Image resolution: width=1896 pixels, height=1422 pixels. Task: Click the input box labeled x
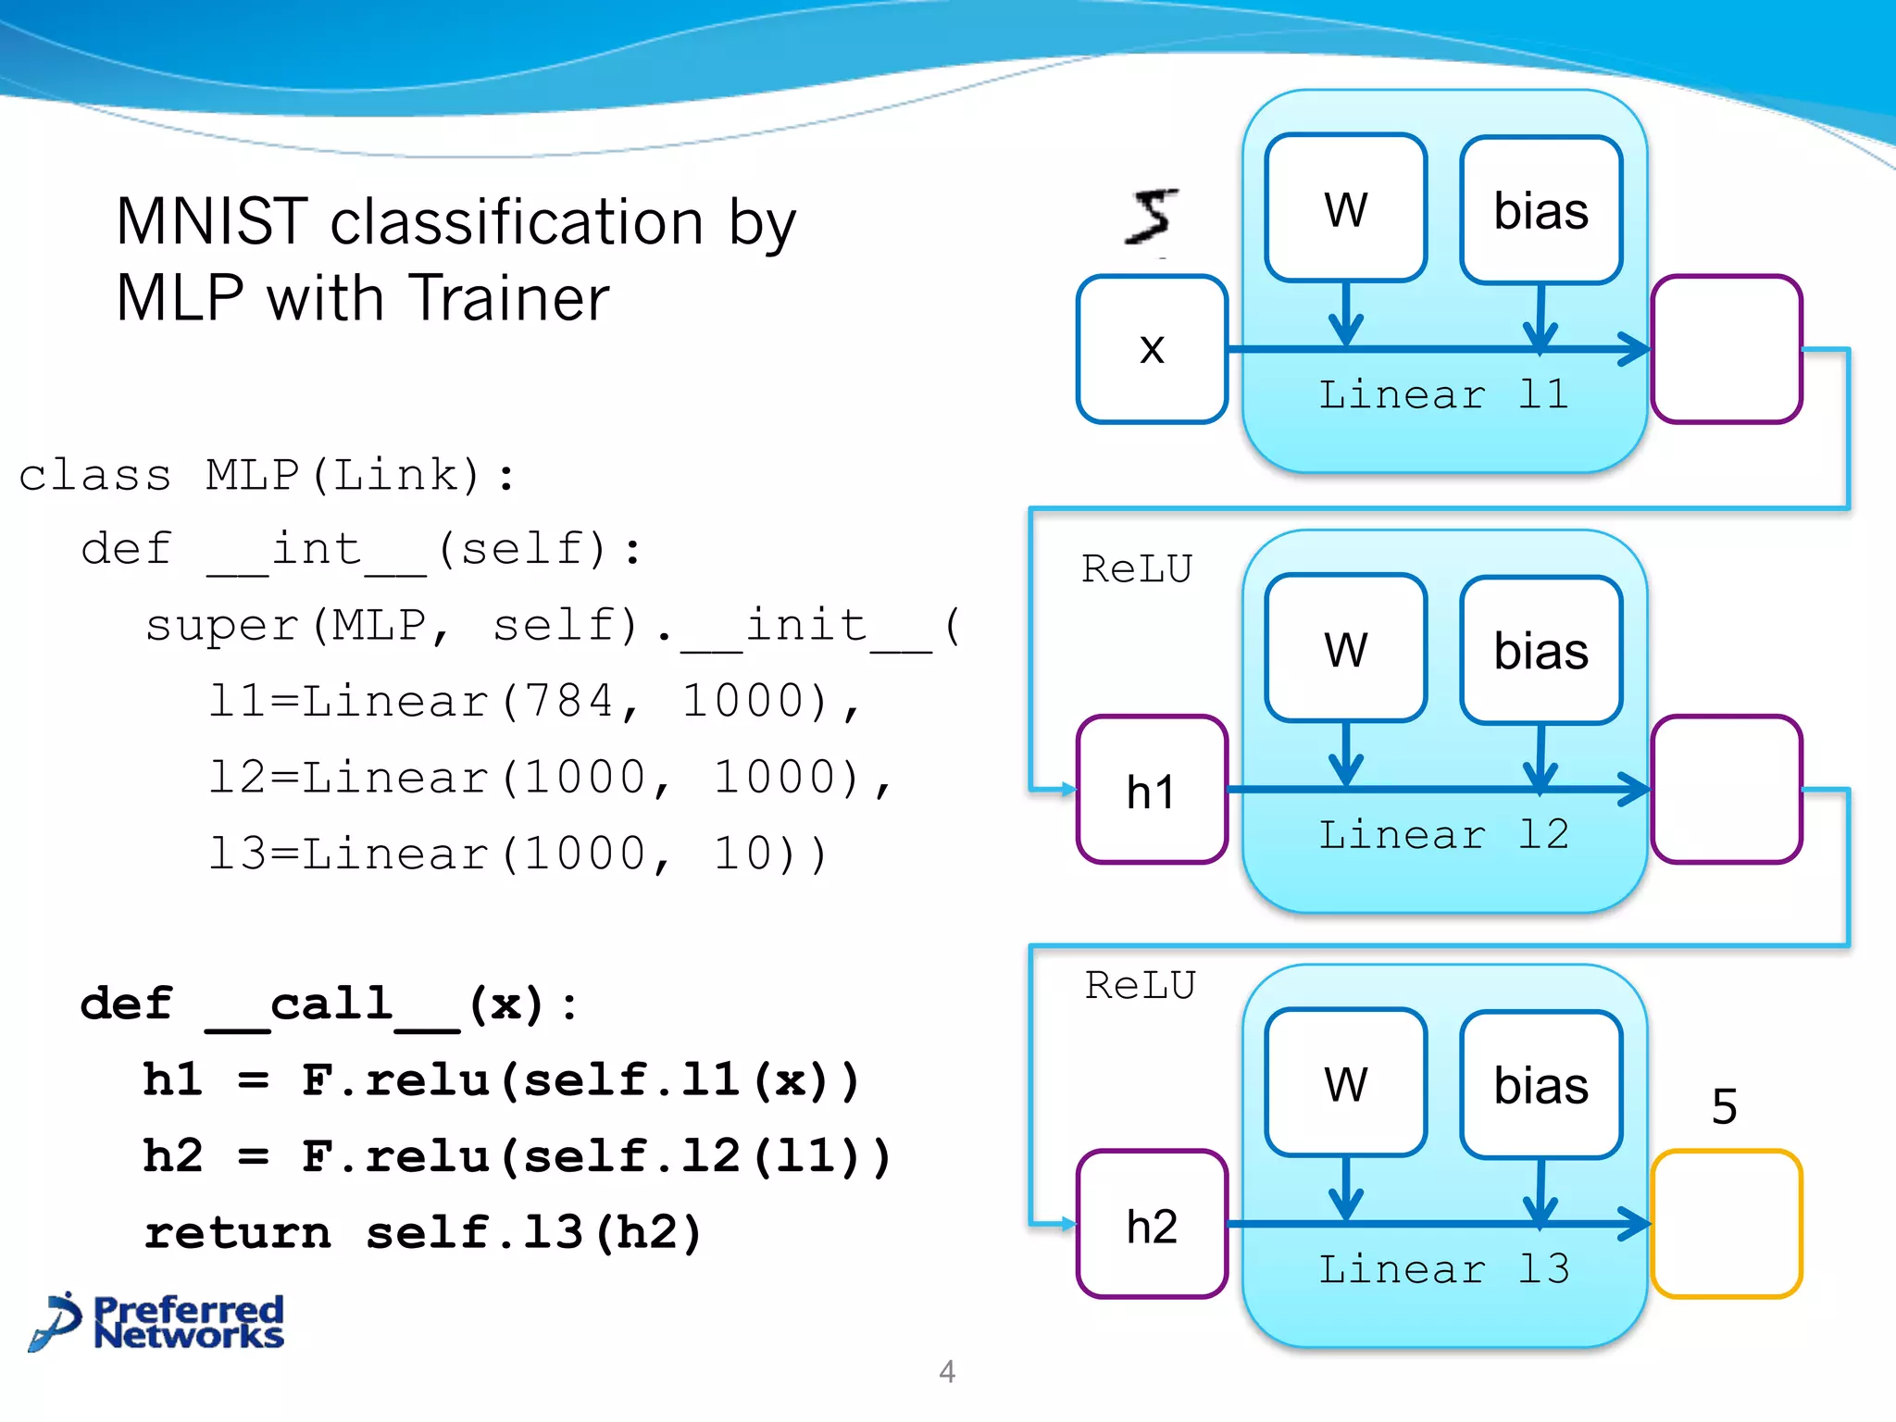[x=1152, y=349]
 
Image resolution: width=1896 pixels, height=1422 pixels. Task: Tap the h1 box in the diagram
[x=1152, y=790]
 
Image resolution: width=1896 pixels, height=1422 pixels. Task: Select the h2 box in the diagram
[x=1152, y=1225]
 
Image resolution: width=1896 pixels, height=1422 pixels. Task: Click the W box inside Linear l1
[x=1345, y=208]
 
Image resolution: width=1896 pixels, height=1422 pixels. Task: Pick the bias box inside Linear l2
[x=1540, y=650]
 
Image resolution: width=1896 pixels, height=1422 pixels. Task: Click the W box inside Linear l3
[x=1345, y=1083]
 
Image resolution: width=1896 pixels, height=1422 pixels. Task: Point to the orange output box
[x=1726, y=1224]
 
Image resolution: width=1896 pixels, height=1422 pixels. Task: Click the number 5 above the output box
[x=1724, y=1106]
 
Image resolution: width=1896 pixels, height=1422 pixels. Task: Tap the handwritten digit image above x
[x=1153, y=218]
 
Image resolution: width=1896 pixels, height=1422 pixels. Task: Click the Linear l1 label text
[x=1444, y=395]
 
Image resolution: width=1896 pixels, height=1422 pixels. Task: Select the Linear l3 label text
[x=1444, y=1269]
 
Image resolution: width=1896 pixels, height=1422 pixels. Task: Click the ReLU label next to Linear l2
[x=1137, y=568]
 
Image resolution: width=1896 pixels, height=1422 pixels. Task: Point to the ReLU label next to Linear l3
[x=1141, y=985]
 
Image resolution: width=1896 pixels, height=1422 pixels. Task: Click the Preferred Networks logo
[x=157, y=1322]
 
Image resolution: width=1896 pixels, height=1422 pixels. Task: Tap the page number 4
[x=946, y=1371]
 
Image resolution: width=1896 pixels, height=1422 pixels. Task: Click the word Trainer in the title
[x=509, y=298]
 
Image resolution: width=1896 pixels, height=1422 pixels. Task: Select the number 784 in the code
[x=568, y=701]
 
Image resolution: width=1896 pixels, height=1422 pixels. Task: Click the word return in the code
[x=238, y=1233]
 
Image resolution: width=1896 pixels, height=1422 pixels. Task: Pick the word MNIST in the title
[x=212, y=222]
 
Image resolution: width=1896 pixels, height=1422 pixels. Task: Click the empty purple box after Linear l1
[x=1726, y=349]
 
